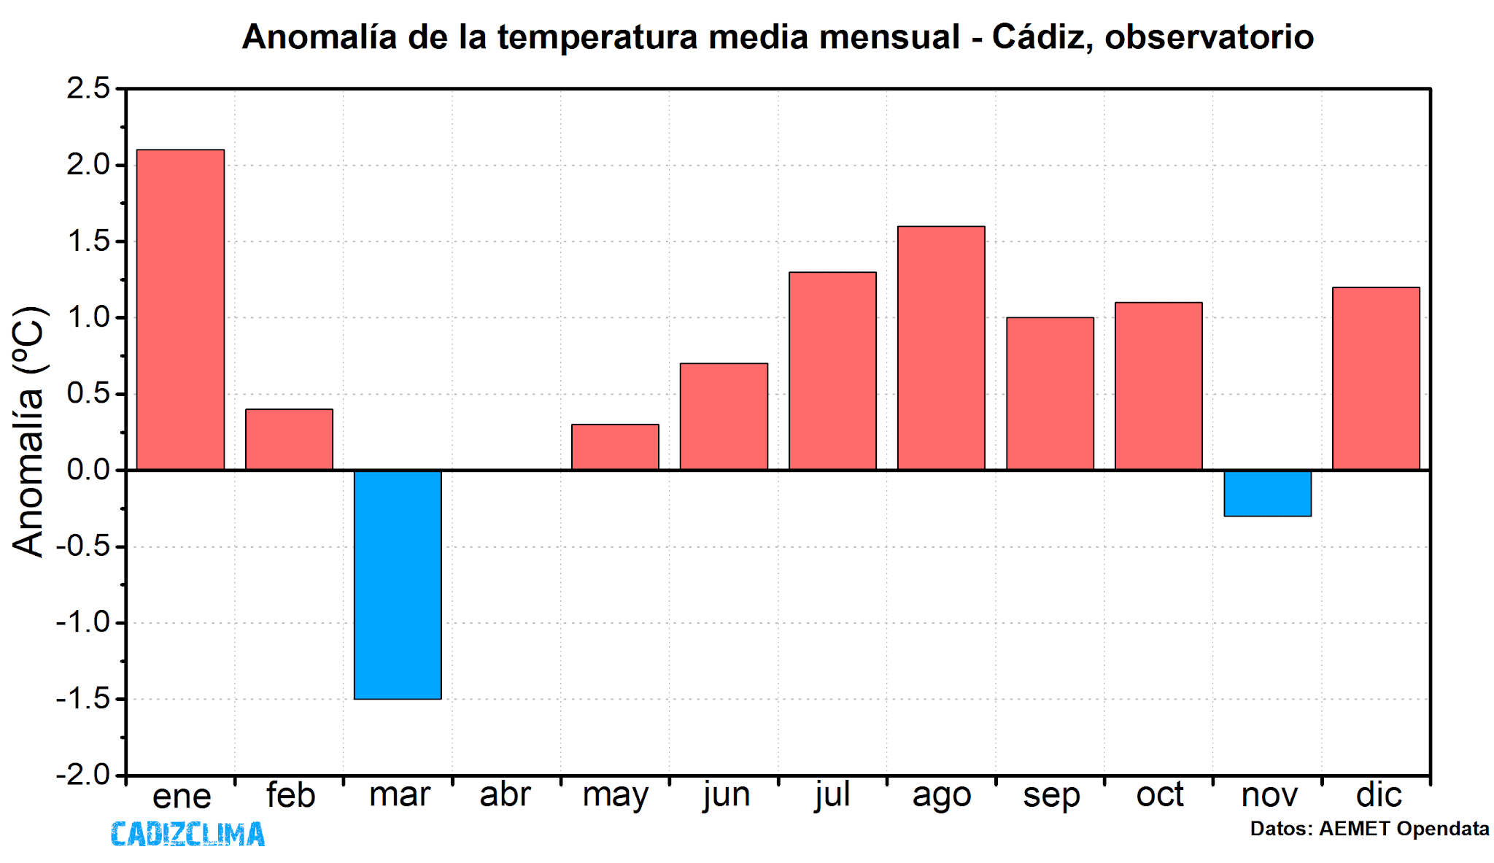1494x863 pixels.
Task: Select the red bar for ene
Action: click(x=180, y=309)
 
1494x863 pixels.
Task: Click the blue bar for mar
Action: click(x=398, y=584)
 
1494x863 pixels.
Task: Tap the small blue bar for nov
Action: click(x=1267, y=493)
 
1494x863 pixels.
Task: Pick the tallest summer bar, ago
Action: click(x=941, y=348)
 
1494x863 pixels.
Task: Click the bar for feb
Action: click(x=289, y=439)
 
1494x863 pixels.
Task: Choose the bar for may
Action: click(x=615, y=447)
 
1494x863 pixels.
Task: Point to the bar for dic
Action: click(x=1376, y=379)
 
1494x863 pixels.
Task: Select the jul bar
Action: click(x=832, y=371)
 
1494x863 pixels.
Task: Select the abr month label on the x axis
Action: click(x=505, y=794)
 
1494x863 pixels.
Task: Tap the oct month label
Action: click(x=1159, y=794)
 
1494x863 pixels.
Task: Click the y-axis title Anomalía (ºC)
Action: click(x=29, y=432)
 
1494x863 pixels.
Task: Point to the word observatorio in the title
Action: click(x=1209, y=37)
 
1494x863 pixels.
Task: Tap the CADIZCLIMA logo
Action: click(x=187, y=834)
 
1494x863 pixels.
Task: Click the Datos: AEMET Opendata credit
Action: click(x=1369, y=829)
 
